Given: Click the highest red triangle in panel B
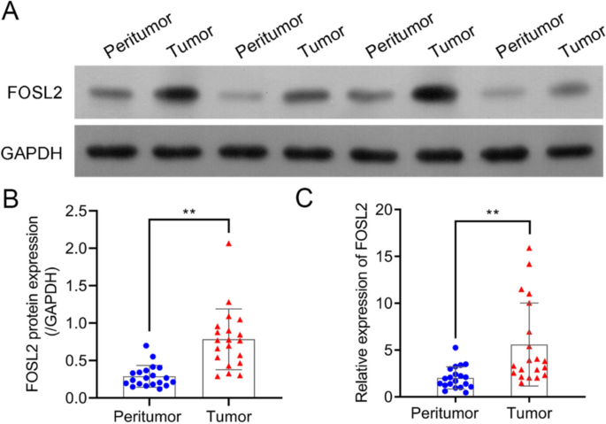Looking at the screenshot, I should pos(229,243).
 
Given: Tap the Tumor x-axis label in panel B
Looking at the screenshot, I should pos(228,413).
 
